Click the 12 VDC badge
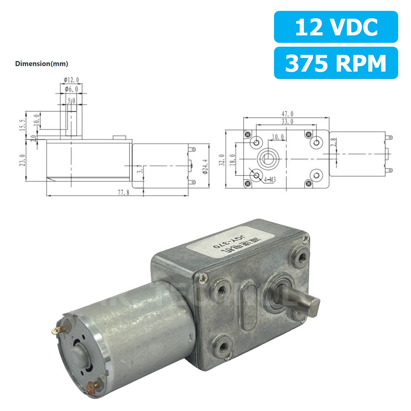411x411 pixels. coord(336,27)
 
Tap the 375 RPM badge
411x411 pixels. coord(336,63)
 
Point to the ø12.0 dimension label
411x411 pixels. coord(71,80)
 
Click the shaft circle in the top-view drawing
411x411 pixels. coord(268,159)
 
